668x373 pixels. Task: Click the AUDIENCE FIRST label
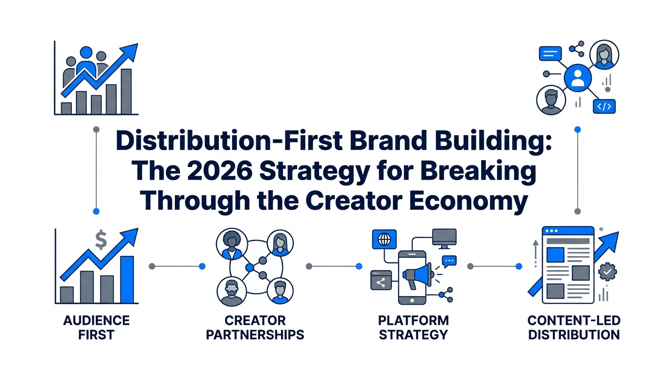point(97,327)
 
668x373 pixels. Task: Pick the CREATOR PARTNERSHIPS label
point(255,327)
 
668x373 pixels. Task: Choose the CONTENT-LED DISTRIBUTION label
point(573,327)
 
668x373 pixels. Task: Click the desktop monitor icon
point(444,237)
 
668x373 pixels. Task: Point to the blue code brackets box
point(604,106)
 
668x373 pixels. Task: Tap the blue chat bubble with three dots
point(450,261)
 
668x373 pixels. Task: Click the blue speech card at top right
point(550,53)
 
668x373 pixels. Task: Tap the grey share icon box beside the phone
point(381,280)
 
